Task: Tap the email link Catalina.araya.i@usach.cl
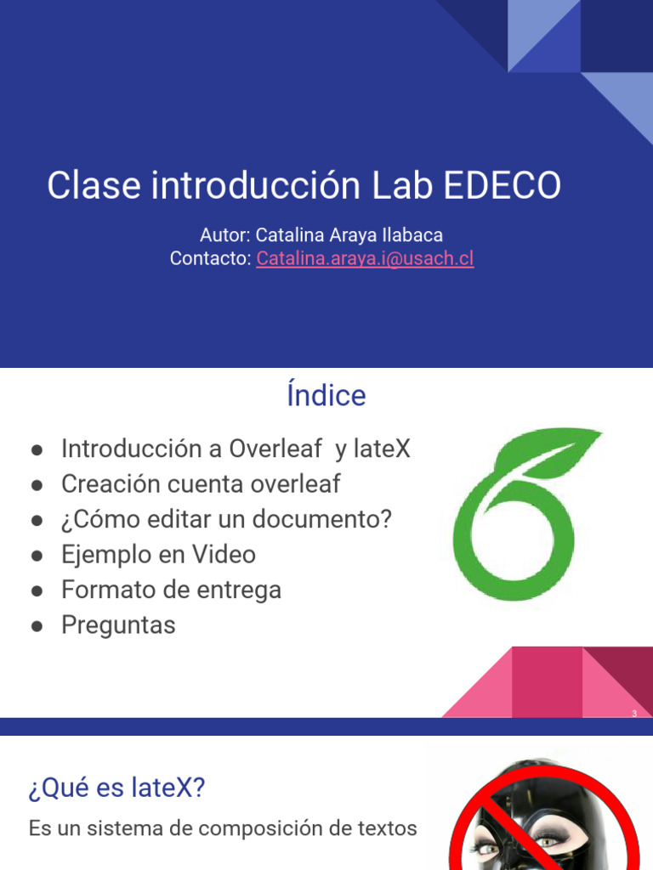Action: tap(365, 258)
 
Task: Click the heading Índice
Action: tap(326, 395)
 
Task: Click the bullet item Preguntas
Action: tap(118, 625)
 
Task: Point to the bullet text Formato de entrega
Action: tap(171, 590)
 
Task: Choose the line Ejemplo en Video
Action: tap(158, 555)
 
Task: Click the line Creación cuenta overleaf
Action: tap(201, 484)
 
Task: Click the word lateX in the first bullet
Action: tap(382, 449)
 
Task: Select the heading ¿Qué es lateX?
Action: tap(117, 788)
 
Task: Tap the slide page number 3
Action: tap(634, 714)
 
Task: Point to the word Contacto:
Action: tap(210, 258)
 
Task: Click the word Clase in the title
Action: tap(93, 186)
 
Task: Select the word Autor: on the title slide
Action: tap(225, 234)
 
